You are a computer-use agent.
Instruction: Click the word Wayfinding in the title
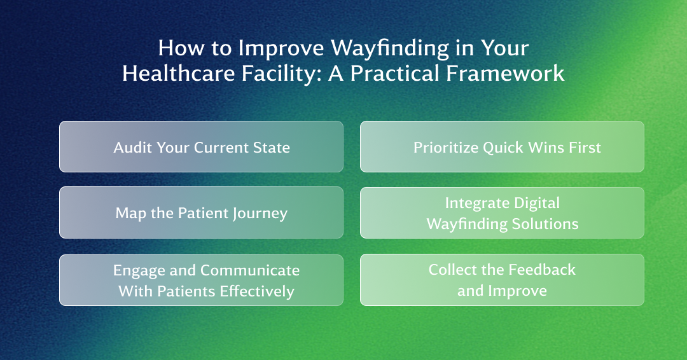coord(390,48)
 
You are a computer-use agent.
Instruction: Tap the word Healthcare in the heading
coord(178,73)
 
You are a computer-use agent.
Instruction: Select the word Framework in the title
coord(505,73)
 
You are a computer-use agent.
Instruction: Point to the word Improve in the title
coord(281,48)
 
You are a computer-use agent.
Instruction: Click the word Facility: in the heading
coord(281,74)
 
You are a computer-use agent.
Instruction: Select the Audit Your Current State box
coord(201,147)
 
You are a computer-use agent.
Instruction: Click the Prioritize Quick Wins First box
coord(502,147)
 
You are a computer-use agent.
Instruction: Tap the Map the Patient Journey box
coord(201,213)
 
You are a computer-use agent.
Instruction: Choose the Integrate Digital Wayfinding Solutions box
coord(502,213)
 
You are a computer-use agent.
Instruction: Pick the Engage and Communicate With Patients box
coord(201,280)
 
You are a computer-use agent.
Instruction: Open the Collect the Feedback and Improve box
coord(502,280)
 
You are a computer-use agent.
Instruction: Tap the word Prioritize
coord(446,148)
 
